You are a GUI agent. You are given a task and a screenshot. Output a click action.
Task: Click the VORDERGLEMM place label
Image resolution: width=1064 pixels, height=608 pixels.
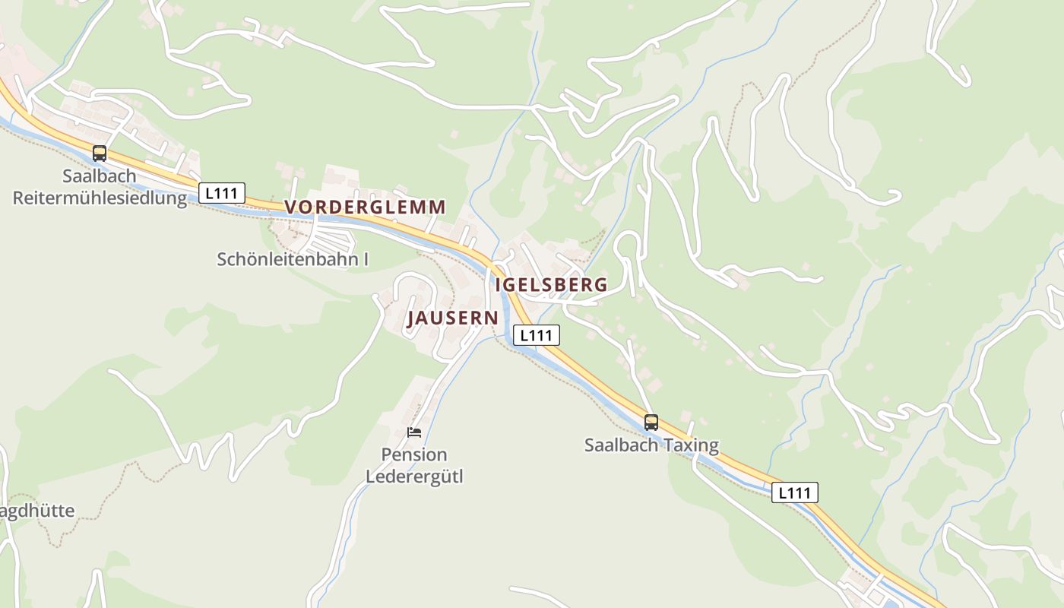365,207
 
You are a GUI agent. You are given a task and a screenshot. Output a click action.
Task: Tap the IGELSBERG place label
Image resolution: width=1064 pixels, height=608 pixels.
551,285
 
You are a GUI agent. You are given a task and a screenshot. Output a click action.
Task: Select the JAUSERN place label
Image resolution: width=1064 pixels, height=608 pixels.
452,318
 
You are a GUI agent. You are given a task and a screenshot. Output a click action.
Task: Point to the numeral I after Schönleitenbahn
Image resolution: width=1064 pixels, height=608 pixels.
366,259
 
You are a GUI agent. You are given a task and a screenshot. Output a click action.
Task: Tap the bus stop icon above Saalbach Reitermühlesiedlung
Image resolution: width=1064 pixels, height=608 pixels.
100,154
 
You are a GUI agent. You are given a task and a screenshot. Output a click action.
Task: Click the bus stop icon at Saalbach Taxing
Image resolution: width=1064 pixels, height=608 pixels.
651,423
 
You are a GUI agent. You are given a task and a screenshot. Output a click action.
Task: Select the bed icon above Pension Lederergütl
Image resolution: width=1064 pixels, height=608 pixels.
413,432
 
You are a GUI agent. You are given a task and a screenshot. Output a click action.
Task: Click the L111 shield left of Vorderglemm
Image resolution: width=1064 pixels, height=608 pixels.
222,193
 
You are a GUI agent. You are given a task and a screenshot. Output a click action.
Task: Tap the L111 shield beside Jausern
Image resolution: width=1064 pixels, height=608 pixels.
536,335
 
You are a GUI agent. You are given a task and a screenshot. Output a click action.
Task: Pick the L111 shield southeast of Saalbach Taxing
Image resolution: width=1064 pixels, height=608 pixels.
795,492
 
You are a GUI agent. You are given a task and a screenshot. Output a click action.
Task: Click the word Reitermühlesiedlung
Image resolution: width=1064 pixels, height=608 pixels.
100,199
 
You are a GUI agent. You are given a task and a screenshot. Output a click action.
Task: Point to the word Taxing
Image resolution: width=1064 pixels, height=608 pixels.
690,445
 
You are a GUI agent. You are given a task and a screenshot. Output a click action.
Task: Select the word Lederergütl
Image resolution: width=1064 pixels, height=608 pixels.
414,477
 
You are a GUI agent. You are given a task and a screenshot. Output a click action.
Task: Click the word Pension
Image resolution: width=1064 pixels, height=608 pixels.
414,455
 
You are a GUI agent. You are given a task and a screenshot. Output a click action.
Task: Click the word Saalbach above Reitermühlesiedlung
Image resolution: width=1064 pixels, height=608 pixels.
100,176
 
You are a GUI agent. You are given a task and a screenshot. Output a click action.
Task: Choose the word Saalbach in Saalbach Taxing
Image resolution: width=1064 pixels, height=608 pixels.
621,445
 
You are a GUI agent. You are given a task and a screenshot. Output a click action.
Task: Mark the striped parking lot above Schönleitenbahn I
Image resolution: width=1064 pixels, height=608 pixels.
331,238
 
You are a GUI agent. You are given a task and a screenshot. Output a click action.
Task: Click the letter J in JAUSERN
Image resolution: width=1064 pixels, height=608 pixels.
412,318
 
